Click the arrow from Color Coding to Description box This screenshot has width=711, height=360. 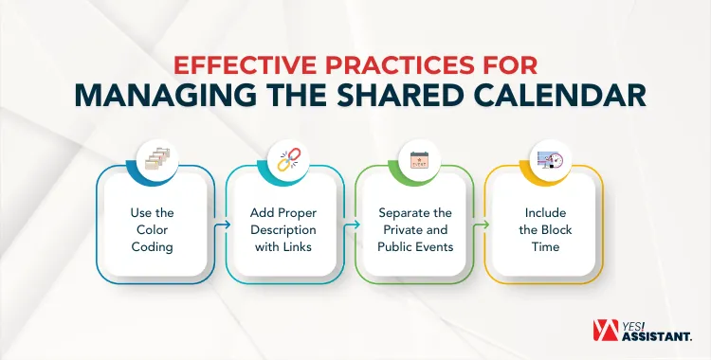pyautogui.click(x=223, y=225)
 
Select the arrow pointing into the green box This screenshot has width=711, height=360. pyautogui.click(x=353, y=225)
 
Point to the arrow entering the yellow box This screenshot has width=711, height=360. pyautogui.click(x=483, y=225)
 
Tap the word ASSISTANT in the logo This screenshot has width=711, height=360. pyautogui.click(x=661, y=335)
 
